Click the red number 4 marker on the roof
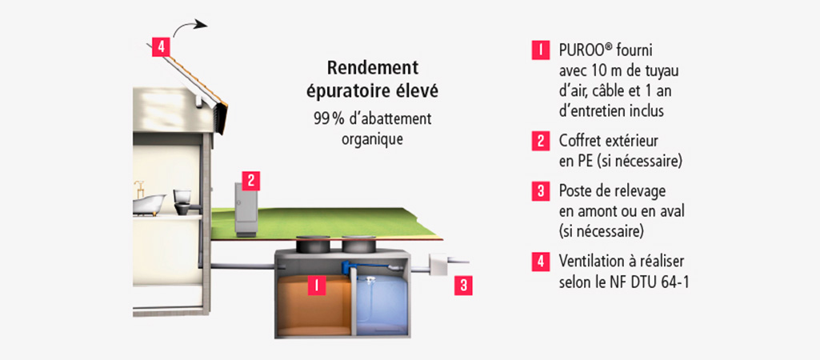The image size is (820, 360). click(161, 47)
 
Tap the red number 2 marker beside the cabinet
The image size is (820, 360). click(250, 181)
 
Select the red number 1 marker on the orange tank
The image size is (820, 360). click(317, 285)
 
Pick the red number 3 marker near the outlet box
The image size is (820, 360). click(463, 286)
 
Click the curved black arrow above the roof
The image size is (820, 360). click(188, 27)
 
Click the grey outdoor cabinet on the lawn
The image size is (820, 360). click(246, 210)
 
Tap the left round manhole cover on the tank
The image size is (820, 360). click(314, 243)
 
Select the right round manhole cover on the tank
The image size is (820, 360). click(359, 243)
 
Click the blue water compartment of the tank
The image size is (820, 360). click(382, 304)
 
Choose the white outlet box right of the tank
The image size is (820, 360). click(438, 266)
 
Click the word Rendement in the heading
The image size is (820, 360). click(372, 68)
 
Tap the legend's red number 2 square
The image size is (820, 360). click(541, 142)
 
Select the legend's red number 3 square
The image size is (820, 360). click(541, 191)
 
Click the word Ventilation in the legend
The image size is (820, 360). click(586, 261)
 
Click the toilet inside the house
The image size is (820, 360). click(183, 202)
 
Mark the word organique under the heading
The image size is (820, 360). click(372, 140)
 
